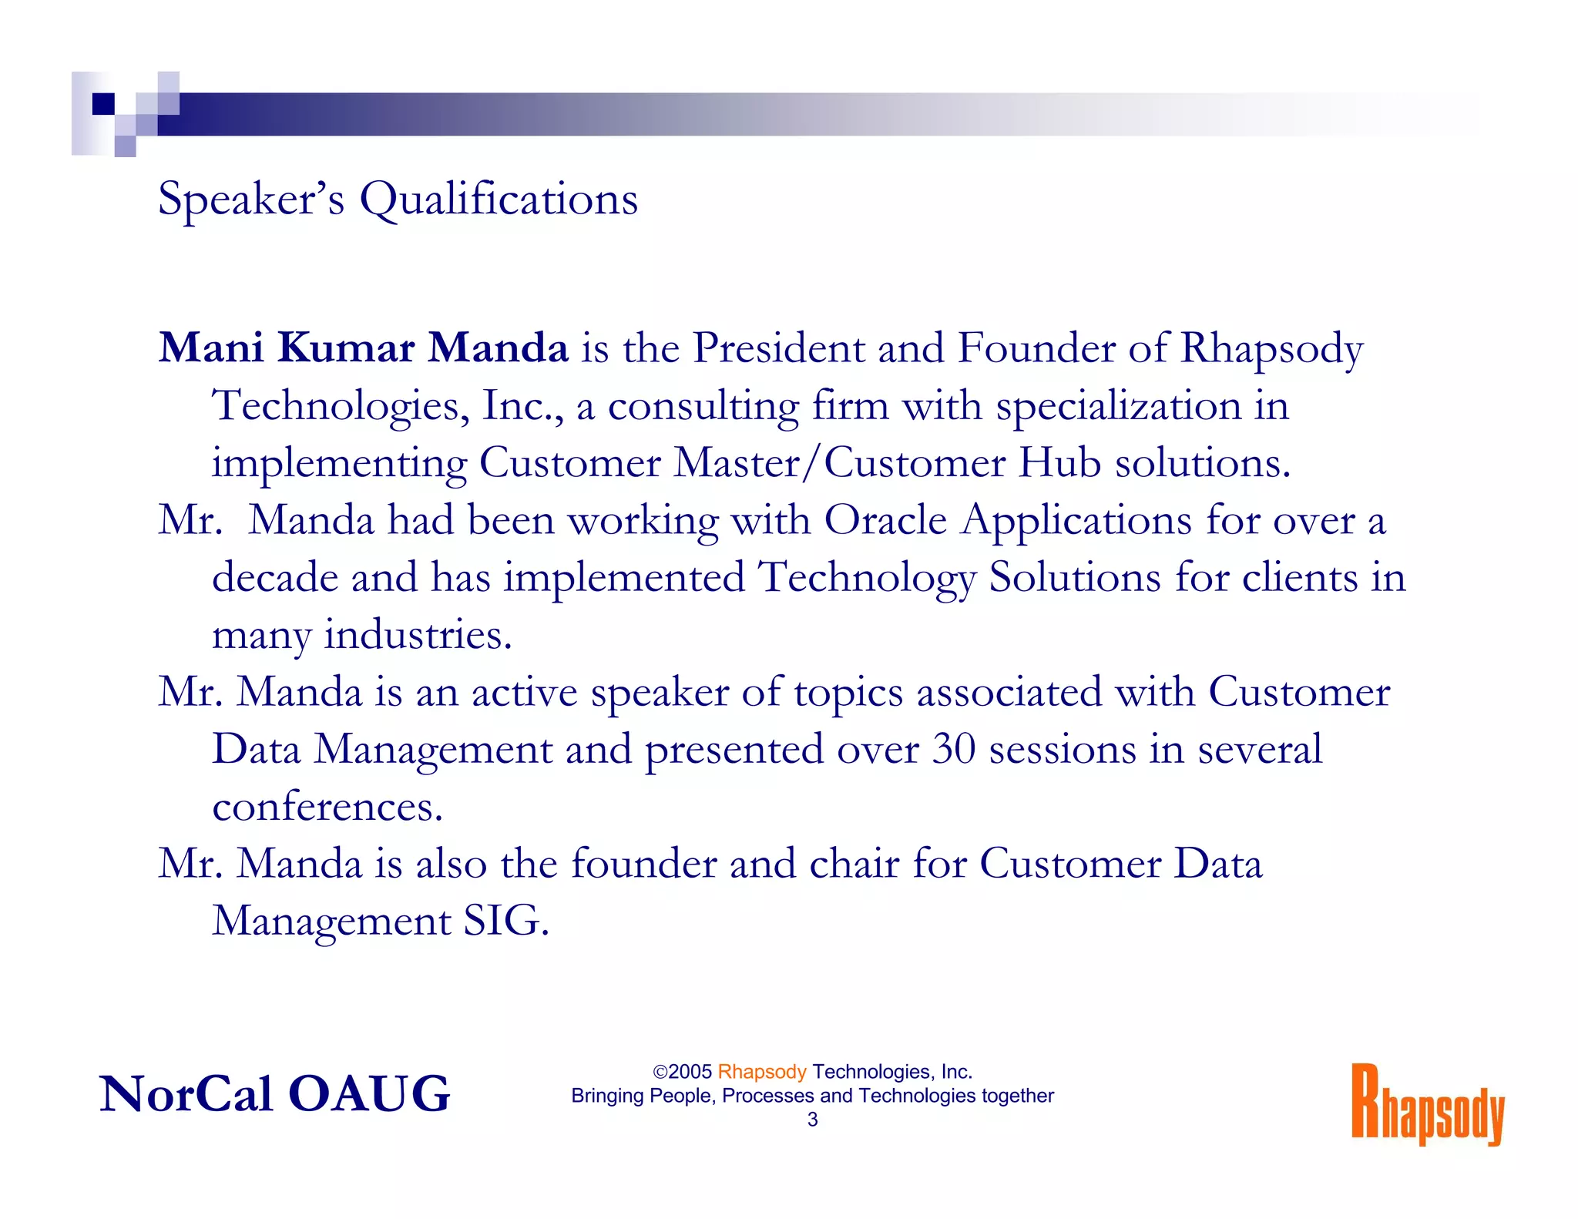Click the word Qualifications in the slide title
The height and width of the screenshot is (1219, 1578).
point(499,200)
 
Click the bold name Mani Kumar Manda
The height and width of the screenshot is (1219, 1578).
point(364,348)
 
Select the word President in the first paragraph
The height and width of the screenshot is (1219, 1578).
point(778,348)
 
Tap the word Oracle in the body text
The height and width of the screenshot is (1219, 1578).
point(885,520)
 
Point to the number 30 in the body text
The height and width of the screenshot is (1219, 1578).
point(954,749)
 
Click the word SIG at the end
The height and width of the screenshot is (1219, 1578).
point(505,921)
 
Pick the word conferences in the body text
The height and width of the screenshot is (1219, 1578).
point(327,807)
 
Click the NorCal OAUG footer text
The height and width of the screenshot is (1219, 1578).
point(274,1094)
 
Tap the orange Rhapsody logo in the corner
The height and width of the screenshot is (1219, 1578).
point(1427,1105)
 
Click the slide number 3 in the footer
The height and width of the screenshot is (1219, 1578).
point(812,1120)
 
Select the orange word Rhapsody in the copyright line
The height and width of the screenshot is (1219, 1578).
point(761,1072)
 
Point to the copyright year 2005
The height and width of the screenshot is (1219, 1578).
point(690,1072)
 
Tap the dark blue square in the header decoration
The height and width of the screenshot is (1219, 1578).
point(103,104)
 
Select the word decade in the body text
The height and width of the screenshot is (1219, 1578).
point(275,577)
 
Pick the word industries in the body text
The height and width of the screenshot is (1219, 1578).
point(417,635)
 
